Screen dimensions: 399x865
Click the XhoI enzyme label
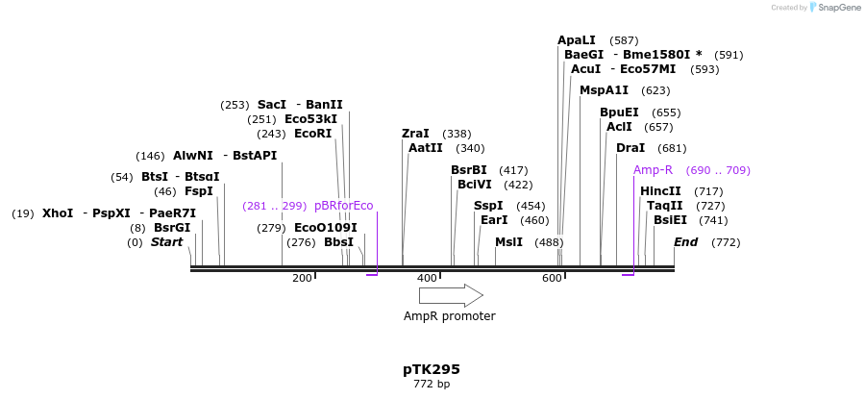pos(58,213)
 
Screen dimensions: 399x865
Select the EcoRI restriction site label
pos(312,134)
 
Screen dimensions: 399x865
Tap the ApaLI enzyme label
pos(577,40)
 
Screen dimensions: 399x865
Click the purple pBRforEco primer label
pos(343,206)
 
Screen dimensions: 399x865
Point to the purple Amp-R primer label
pos(653,170)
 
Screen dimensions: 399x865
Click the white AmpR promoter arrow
pos(450,295)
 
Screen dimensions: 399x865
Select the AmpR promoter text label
pos(450,316)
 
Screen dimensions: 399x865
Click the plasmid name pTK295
pos(432,369)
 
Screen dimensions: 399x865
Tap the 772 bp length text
pos(432,385)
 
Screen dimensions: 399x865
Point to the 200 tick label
pos(302,279)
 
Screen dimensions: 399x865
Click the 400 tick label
pos(427,279)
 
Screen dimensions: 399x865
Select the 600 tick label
pos(552,279)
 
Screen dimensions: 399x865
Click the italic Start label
pos(166,242)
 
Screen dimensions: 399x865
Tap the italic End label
pos(685,242)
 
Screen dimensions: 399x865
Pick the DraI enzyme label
pos(630,148)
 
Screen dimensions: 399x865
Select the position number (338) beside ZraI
pos(457,134)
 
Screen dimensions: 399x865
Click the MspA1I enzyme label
pos(604,90)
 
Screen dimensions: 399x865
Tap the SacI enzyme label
pos(272,105)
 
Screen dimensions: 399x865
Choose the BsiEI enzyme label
pos(670,220)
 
